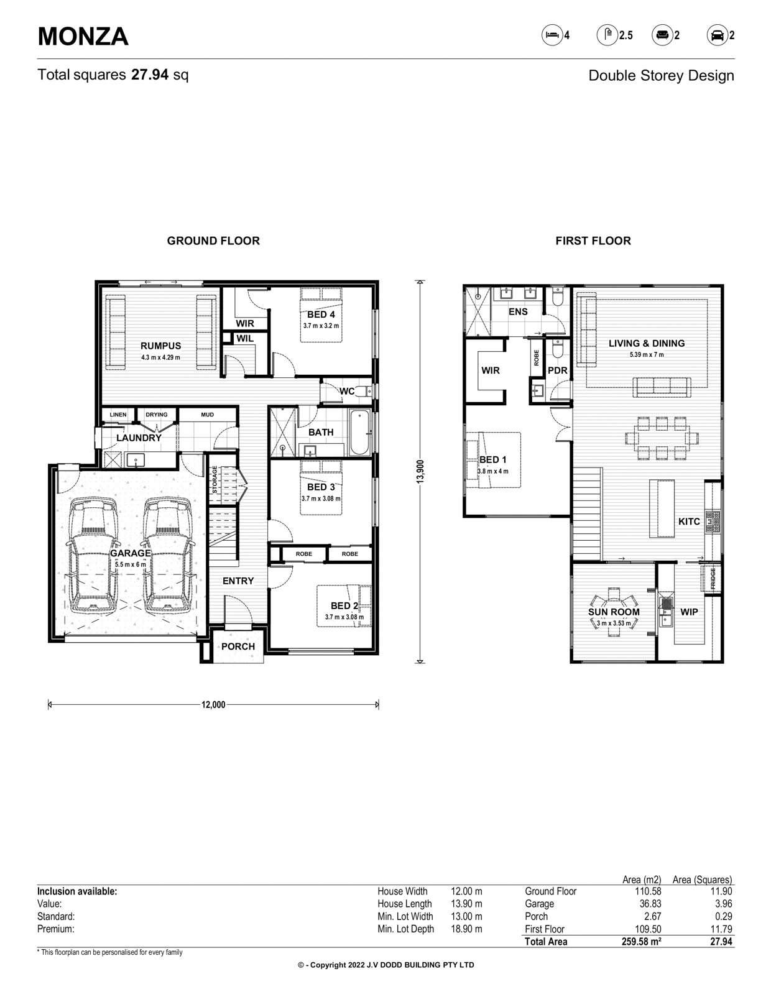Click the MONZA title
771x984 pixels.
tap(83, 36)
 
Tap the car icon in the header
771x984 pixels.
tap(717, 35)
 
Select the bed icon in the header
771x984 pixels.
tap(552, 35)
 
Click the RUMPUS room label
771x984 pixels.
tap(160, 346)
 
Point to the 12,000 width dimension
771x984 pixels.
tap(213, 705)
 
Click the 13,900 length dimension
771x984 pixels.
tap(420, 471)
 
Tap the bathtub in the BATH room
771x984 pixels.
tap(359, 433)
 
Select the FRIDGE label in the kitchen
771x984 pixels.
tap(713, 579)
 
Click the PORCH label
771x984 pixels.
tap(238, 646)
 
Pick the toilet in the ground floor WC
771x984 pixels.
tap(364, 391)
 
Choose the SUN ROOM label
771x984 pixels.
tap(614, 612)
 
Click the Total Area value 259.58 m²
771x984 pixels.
tap(641, 942)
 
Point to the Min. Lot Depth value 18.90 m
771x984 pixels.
tap(466, 929)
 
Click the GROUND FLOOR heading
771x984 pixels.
tap(213, 241)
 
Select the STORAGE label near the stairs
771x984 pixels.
tap(215, 479)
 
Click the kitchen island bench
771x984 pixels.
tap(662, 508)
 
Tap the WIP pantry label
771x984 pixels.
tap(689, 612)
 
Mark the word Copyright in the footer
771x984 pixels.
tap(328, 965)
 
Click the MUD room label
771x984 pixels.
tap(207, 415)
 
